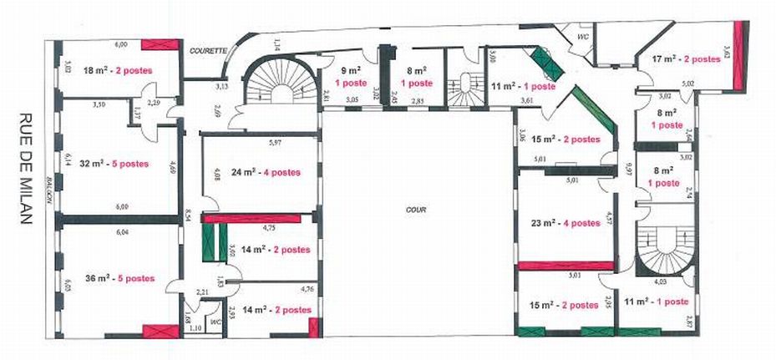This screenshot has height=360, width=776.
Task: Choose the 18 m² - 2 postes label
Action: (x=118, y=71)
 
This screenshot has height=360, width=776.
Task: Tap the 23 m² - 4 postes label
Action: (x=565, y=223)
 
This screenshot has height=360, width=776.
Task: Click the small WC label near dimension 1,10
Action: (x=215, y=321)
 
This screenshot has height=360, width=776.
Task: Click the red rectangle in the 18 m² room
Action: (x=160, y=45)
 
